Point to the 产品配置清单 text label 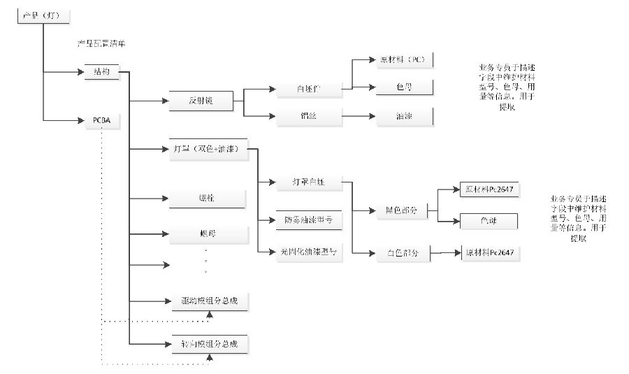point(101,44)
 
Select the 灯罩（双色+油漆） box point(208,149)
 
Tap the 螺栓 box point(208,199)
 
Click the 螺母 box point(208,232)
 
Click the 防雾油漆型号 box point(308,220)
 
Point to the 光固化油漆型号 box point(308,252)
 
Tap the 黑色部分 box point(401,210)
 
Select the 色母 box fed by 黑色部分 point(488,221)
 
